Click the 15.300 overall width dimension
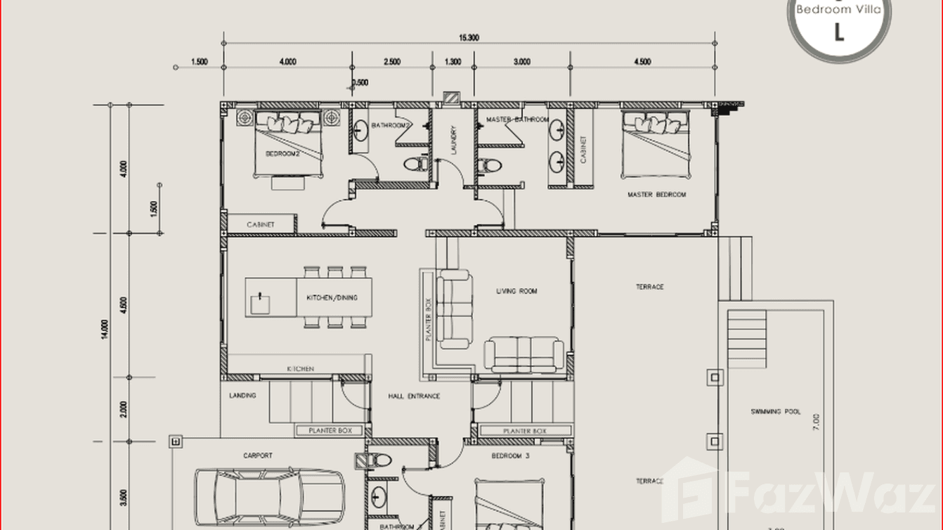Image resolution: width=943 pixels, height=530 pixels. (469, 38)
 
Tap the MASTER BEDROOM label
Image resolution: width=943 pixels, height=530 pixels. (656, 195)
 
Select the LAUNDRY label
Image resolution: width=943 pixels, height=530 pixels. (454, 140)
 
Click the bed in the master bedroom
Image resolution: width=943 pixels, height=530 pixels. (655, 145)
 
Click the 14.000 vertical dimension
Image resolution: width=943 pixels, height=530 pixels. (105, 329)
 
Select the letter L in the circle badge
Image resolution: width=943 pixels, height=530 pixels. (838, 32)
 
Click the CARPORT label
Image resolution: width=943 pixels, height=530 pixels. (258, 455)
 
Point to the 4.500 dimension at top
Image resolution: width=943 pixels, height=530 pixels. (642, 62)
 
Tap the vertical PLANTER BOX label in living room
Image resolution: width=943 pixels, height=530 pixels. (428, 320)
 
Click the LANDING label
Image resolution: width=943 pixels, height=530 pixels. (242, 396)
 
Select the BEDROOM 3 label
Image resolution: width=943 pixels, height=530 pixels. (510, 455)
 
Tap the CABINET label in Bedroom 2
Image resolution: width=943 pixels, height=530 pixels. (260, 225)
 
